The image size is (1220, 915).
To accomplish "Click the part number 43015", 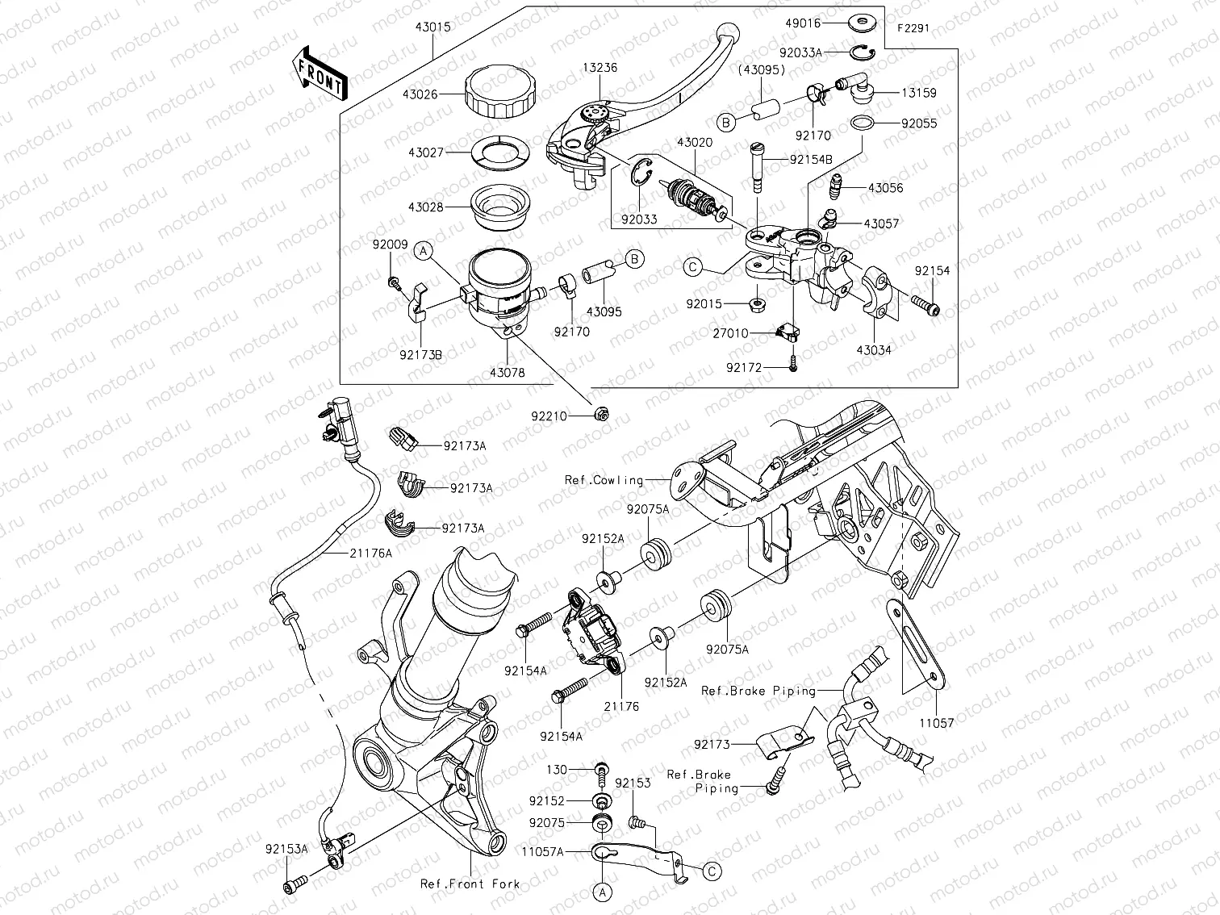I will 433,27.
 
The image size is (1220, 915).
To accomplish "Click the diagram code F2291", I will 913,27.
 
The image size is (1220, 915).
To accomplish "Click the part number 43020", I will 694,142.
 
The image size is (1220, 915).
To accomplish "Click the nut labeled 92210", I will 600,415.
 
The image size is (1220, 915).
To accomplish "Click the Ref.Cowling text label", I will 604,480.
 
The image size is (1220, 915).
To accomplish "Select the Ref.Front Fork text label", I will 470,884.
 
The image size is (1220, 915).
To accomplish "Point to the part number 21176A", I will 371,553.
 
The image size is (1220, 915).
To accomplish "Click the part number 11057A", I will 542,850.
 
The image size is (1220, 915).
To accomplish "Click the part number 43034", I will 875,350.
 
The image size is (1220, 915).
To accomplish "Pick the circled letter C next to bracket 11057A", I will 711,871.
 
